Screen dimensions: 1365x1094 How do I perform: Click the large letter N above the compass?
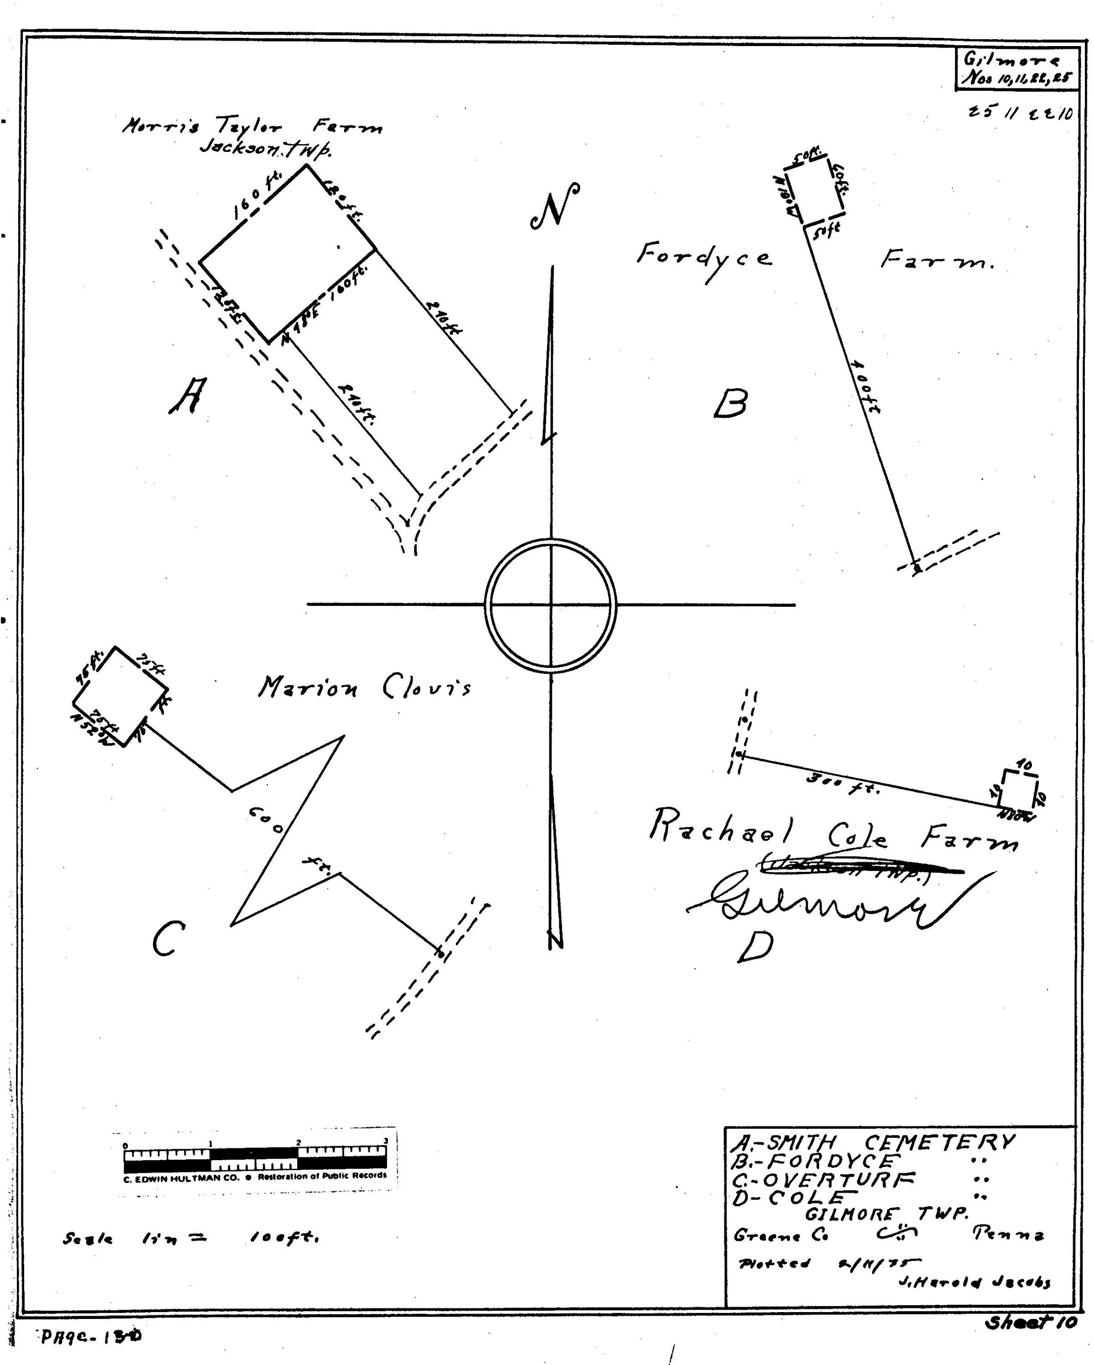click(x=555, y=205)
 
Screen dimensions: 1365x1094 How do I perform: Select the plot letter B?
click(x=730, y=403)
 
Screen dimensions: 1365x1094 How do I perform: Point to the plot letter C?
click(x=168, y=938)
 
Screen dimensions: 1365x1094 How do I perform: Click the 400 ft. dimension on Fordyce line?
click(x=865, y=387)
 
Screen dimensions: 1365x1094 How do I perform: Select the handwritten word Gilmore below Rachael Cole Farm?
click(x=823, y=902)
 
